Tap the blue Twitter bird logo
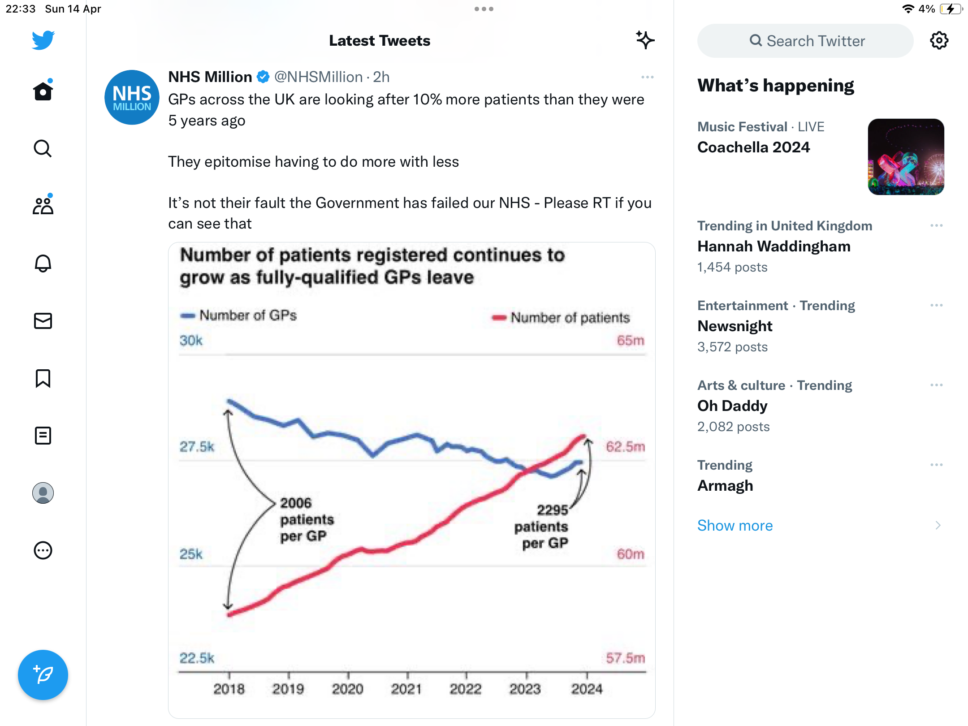pyautogui.click(x=43, y=40)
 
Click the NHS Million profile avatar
pyautogui.click(x=132, y=97)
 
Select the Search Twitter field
pyautogui.click(x=805, y=41)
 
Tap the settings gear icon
pyautogui.click(x=939, y=41)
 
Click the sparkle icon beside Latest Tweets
pyautogui.click(x=645, y=40)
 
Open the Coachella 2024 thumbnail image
pyautogui.click(x=906, y=157)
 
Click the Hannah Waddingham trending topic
pyautogui.click(x=774, y=246)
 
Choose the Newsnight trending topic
pyautogui.click(x=735, y=326)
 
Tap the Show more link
pyautogui.click(x=735, y=525)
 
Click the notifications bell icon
pyautogui.click(x=43, y=263)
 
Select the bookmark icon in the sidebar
pyautogui.click(x=43, y=378)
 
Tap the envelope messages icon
pyautogui.click(x=43, y=321)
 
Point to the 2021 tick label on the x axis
pyautogui.click(x=406, y=689)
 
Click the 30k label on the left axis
pyautogui.click(x=191, y=341)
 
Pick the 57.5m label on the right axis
pyautogui.click(x=625, y=658)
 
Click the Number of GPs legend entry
pyautogui.click(x=238, y=315)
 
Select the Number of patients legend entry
pyautogui.click(x=561, y=318)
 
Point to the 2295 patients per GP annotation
pyautogui.click(x=541, y=527)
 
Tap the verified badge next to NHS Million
pyautogui.click(x=263, y=77)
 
